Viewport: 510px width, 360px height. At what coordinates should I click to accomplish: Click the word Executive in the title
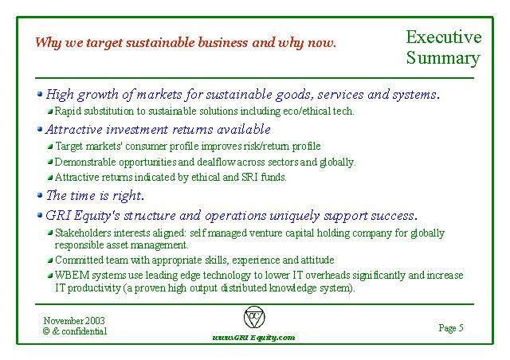click(444, 37)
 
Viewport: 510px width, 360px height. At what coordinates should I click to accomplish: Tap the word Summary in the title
click(443, 58)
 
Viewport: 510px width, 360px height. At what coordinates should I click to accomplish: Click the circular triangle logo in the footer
click(254, 317)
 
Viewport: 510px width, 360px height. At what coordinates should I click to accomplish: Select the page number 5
click(461, 327)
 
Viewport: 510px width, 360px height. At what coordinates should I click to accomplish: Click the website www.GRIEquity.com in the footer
click(253, 338)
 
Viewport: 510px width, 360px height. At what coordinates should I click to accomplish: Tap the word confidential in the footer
click(84, 331)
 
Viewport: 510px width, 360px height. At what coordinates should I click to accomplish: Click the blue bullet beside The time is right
click(40, 195)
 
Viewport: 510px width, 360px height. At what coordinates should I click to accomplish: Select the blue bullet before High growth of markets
click(40, 94)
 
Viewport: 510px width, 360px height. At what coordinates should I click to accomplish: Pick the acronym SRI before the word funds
click(249, 178)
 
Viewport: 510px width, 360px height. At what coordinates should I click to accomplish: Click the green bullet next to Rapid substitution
click(50, 112)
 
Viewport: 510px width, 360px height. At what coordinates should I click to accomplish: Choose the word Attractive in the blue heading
click(73, 130)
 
